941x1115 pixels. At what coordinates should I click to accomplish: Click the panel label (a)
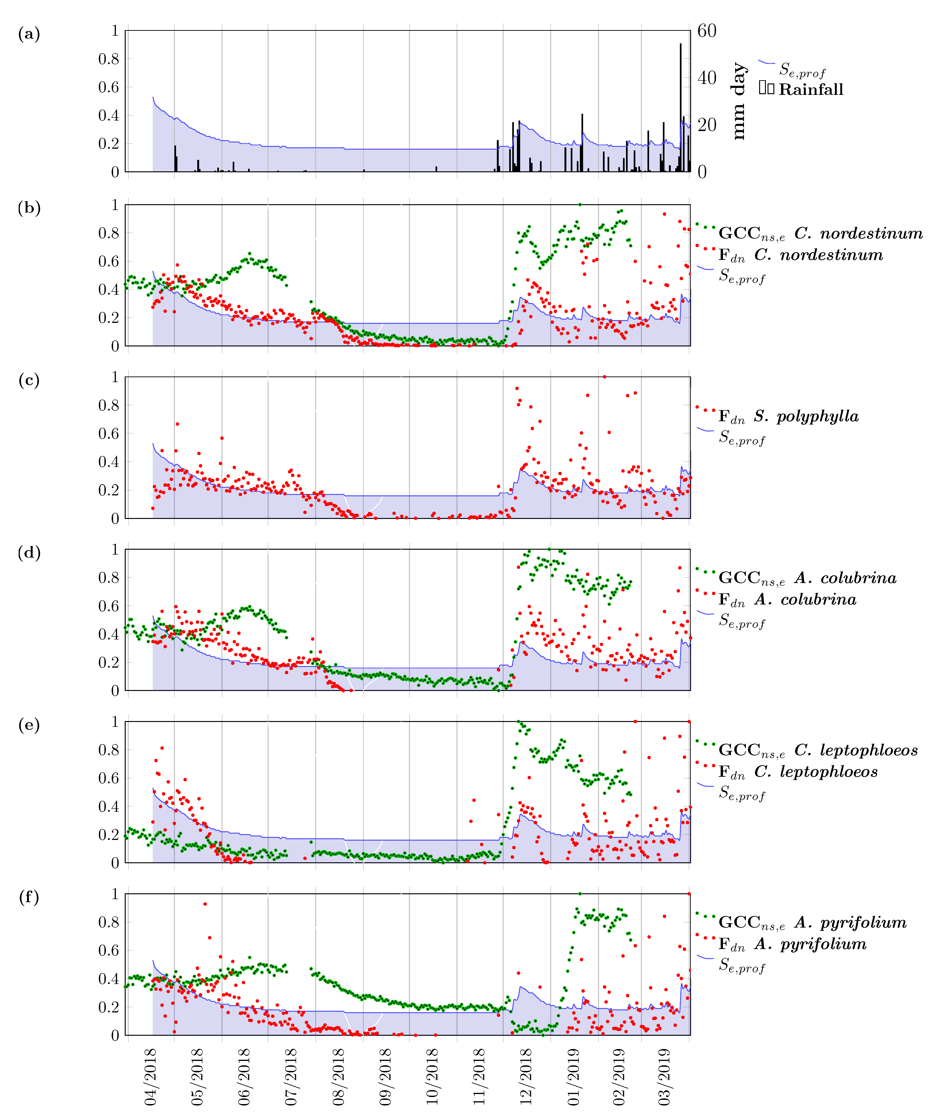pos(29,34)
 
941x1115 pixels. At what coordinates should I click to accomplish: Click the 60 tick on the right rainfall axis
pos(707,31)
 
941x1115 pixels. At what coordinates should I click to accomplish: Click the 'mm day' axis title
pos(738,101)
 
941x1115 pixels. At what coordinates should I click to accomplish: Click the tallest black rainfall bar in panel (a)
pos(680,107)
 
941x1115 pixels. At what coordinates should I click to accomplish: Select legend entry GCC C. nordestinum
pos(820,233)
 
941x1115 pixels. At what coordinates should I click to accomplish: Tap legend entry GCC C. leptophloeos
pos(818,750)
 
